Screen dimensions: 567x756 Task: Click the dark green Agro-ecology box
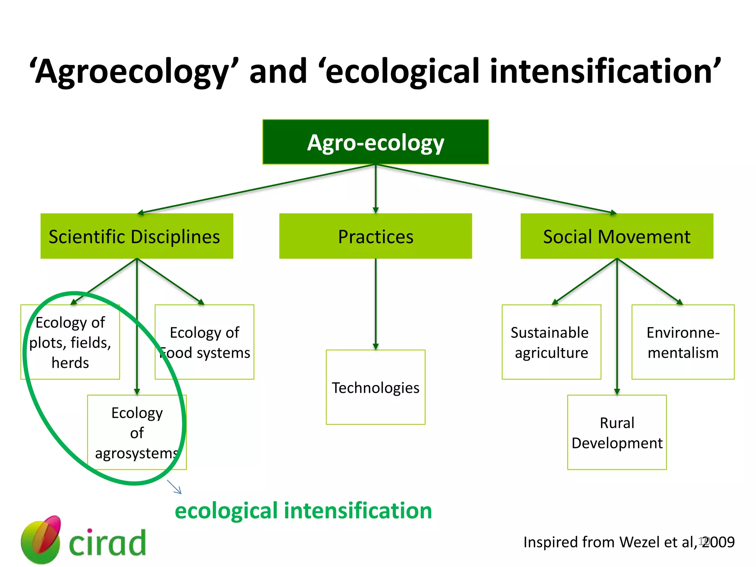(x=375, y=142)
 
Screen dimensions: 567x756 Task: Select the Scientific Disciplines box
(x=137, y=236)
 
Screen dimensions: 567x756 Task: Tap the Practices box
(x=375, y=236)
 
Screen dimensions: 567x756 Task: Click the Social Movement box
(x=616, y=236)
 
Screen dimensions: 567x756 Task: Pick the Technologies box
(x=375, y=387)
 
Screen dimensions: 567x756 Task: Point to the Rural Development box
(x=616, y=432)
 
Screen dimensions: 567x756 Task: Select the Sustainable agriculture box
(x=551, y=342)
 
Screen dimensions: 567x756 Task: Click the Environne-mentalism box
(x=683, y=342)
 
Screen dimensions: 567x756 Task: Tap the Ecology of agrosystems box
(x=137, y=432)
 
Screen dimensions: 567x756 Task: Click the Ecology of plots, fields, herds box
(x=70, y=342)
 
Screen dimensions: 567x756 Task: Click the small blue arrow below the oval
(x=174, y=487)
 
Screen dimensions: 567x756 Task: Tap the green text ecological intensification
(x=303, y=511)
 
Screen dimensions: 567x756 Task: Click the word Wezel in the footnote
(x=640, y=542)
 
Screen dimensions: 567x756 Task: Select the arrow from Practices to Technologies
(x=375, y=303)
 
